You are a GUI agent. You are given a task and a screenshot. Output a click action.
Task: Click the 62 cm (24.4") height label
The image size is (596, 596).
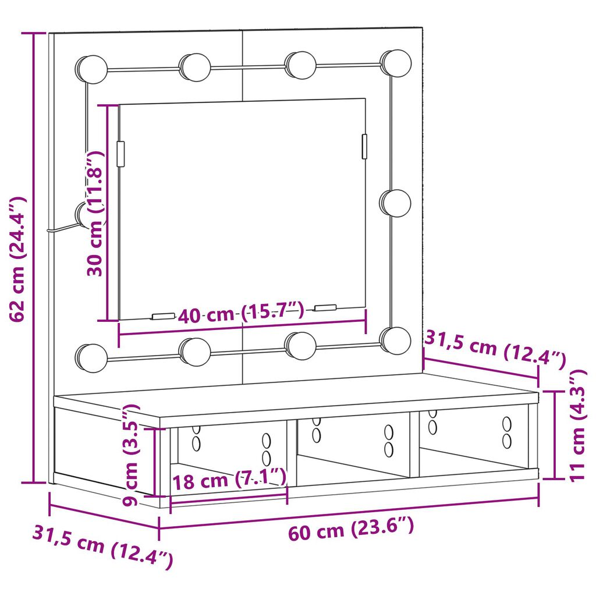tap(17, 260)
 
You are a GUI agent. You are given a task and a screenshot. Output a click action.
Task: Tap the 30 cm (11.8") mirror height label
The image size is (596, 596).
tap(95, 213)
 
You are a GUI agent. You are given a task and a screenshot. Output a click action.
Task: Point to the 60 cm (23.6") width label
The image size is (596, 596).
tap(351, 528)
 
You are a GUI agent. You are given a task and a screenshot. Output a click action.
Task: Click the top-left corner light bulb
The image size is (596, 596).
tap(91, 70)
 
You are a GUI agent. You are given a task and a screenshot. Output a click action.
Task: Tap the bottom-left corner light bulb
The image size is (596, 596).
tap(91, 359)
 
